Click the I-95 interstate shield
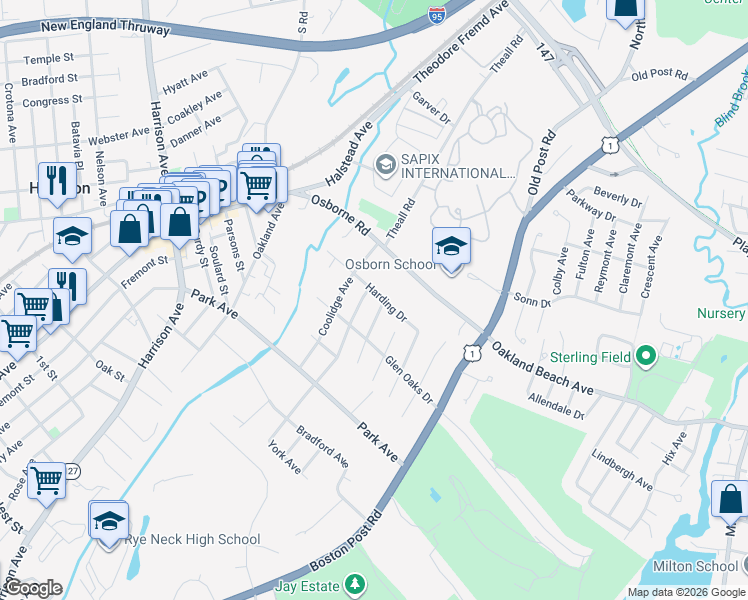[x=435, y=14]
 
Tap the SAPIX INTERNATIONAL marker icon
[x=385, y=164]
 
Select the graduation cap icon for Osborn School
[x=451, y=247]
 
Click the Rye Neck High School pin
[x=109, y=521]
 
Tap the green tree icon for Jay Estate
[x=354, y=583]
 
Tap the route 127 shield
[x=71, y=470]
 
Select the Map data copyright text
[x=685, y=592]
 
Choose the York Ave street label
[x=284, y=457]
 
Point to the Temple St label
[x=49, y=60]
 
